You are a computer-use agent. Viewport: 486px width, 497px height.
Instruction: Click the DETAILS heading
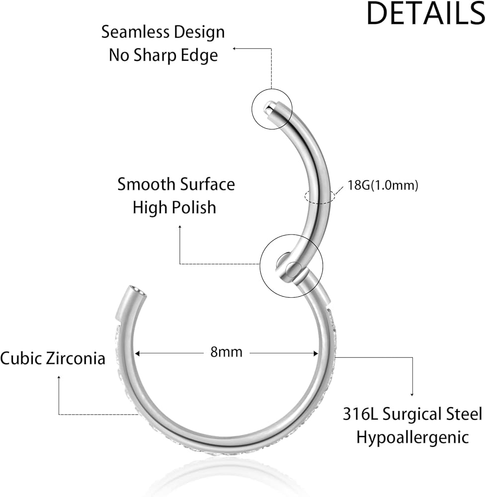[425, 13]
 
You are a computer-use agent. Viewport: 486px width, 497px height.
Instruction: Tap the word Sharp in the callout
[155, 56]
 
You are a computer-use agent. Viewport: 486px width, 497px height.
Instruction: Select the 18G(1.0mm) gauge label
[383, 185]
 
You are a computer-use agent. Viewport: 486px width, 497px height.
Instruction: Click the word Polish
[194, 208]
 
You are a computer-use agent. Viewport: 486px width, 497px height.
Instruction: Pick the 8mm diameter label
[226, 352]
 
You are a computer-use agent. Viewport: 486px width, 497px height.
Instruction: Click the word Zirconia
[75, 358]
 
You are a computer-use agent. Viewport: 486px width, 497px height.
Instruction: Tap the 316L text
[361, 414]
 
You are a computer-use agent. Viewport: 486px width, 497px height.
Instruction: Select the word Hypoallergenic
[412, 438]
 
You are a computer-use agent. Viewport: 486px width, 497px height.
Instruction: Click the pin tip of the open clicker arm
[268, 106]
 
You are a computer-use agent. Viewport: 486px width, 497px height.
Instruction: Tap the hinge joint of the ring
[289, 268]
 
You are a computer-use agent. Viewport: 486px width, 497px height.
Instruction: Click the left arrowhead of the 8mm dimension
[138, 353]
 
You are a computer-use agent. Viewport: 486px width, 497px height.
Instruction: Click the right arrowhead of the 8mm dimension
[316, 353]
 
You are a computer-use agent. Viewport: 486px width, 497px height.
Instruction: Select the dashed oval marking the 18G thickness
[320, 196]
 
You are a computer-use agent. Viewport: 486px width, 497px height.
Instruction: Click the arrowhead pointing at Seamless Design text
[235, 49]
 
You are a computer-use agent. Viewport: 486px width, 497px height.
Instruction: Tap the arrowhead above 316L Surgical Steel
[412, 394]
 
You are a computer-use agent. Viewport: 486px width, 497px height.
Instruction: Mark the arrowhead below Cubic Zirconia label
[59, 377]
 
